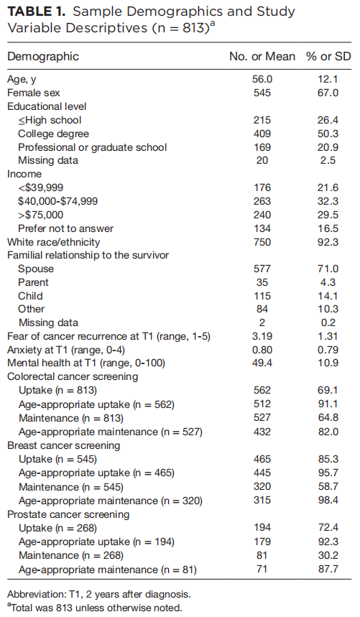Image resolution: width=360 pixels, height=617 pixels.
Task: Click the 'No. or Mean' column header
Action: coord(262,57)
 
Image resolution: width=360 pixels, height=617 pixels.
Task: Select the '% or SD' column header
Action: coord(328,57)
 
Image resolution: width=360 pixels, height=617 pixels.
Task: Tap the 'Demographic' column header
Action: coord(43,57)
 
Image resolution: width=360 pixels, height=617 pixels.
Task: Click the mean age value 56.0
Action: coord(262,80)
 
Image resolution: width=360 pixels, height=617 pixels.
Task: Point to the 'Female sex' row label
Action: coord(34,93)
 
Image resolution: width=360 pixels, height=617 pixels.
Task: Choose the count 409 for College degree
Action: coord(262,134)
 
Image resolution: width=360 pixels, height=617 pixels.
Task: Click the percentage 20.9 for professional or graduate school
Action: coord(328,147)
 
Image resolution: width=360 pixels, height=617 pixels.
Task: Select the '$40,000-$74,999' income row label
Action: coord(57,201)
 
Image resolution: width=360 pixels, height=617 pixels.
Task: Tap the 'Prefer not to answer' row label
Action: coord(65,228)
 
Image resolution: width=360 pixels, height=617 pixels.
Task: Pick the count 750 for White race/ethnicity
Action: coord(262,242)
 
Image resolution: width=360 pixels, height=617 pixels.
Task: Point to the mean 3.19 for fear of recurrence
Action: coord(262,336)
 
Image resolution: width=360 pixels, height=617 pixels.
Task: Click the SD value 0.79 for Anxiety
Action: coord(328,350)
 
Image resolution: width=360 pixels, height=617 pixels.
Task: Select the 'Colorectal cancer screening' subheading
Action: coord(73,377)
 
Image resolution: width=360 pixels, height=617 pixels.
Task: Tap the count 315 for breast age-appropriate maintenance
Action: coord(262,500)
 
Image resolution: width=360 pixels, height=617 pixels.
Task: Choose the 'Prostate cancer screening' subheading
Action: coord(68,515)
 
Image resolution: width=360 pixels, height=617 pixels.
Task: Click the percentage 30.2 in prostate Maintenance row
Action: coord(328,555)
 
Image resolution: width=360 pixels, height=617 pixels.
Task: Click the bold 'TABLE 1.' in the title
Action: coord(36,11)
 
